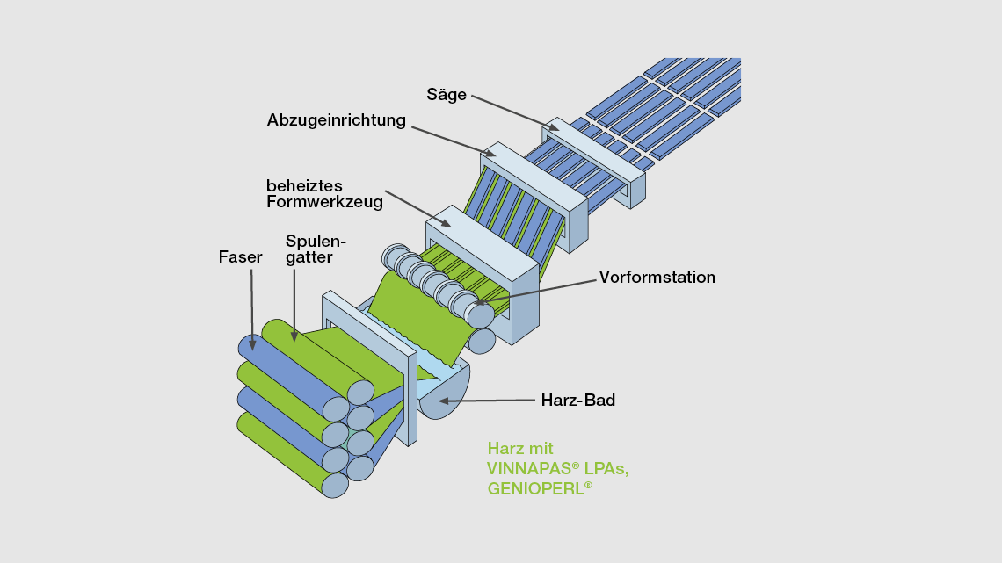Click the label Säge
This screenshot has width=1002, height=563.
[x=447, y=95]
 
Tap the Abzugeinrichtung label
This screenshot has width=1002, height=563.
[x=337, y=120]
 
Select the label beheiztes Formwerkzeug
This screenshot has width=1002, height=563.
[x=324, y=194]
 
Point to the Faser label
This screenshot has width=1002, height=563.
[x=241, y=257]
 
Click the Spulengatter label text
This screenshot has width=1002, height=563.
[x=316, y=249]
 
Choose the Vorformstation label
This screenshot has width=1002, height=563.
[x=657, y=278]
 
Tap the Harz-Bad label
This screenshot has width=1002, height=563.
[x=578, y=401]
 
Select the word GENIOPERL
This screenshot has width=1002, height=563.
[x=535, y=489]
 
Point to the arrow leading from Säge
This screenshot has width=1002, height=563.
[x=514, y=112]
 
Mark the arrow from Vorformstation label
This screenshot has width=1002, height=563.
[x=536, y=291]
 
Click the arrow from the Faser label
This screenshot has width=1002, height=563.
[x=252, y=307]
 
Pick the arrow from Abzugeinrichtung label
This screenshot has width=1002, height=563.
[x=457, y=142]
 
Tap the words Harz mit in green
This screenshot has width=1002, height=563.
[x=520, y=449]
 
